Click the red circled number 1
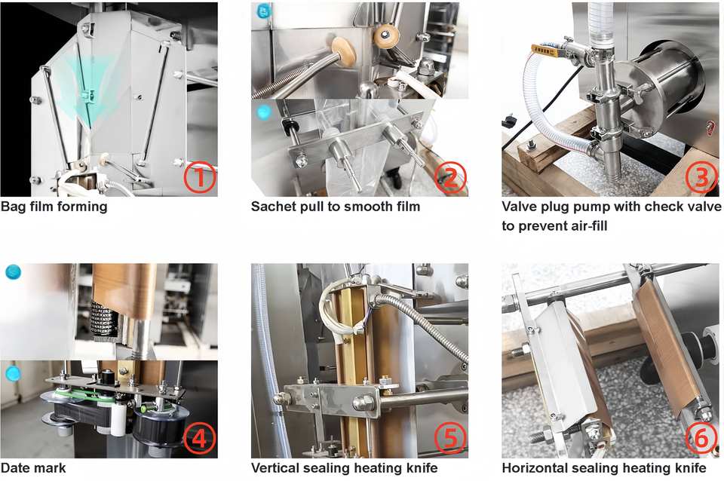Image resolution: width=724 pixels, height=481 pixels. pos(200,179)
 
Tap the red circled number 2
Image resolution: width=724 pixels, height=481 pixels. pos(450,179)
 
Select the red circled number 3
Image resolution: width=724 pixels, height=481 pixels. pos(701,178)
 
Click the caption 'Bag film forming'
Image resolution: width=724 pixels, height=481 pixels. pos(54,206)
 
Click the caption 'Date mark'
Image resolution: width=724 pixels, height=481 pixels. pos(33,468)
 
